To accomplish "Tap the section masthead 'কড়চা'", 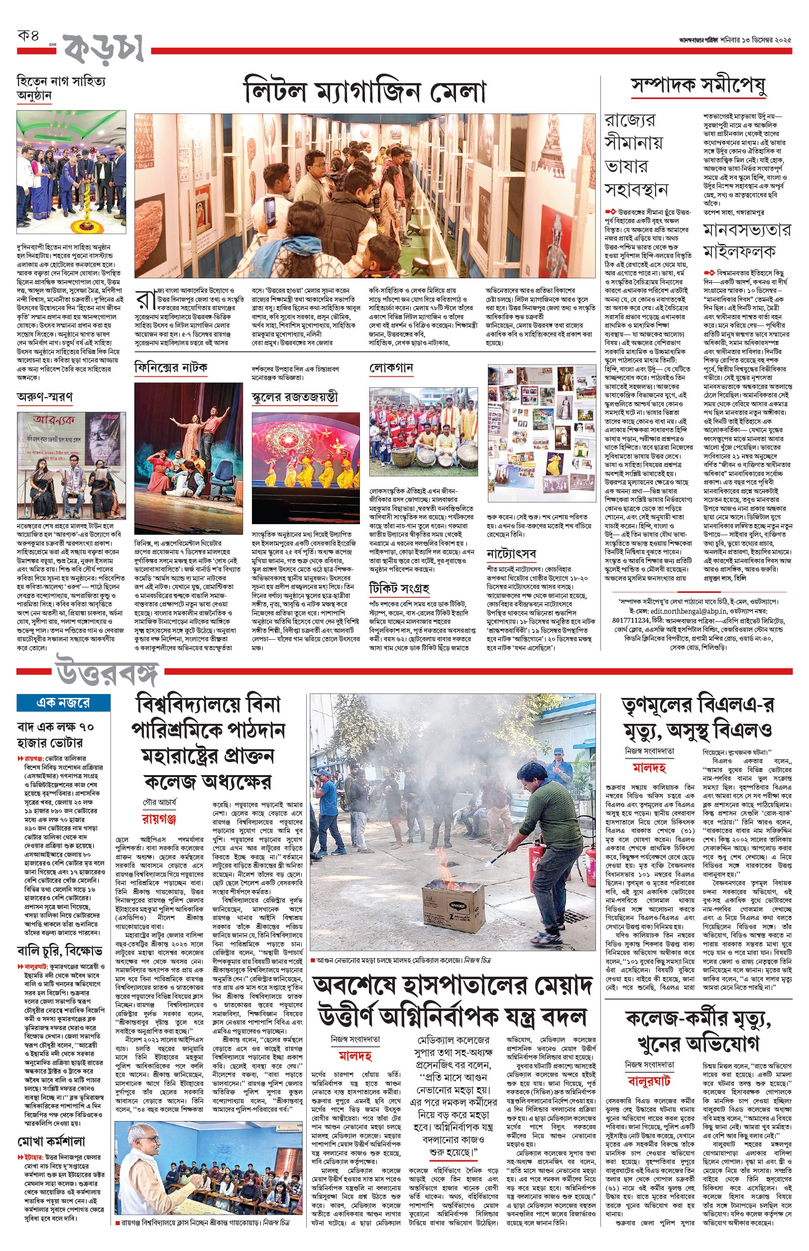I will (104, 49).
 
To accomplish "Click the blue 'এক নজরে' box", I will (63, 702).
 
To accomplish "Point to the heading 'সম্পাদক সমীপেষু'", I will (698, 86).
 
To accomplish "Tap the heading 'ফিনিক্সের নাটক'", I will (171, 367).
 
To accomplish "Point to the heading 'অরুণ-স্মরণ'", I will (45, 397).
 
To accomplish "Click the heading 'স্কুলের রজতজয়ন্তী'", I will (294, 397).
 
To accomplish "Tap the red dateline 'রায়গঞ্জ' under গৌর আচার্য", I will (159, 819).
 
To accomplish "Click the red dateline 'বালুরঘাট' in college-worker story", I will (649, 1081).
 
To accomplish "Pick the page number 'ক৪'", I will (28, 36).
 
